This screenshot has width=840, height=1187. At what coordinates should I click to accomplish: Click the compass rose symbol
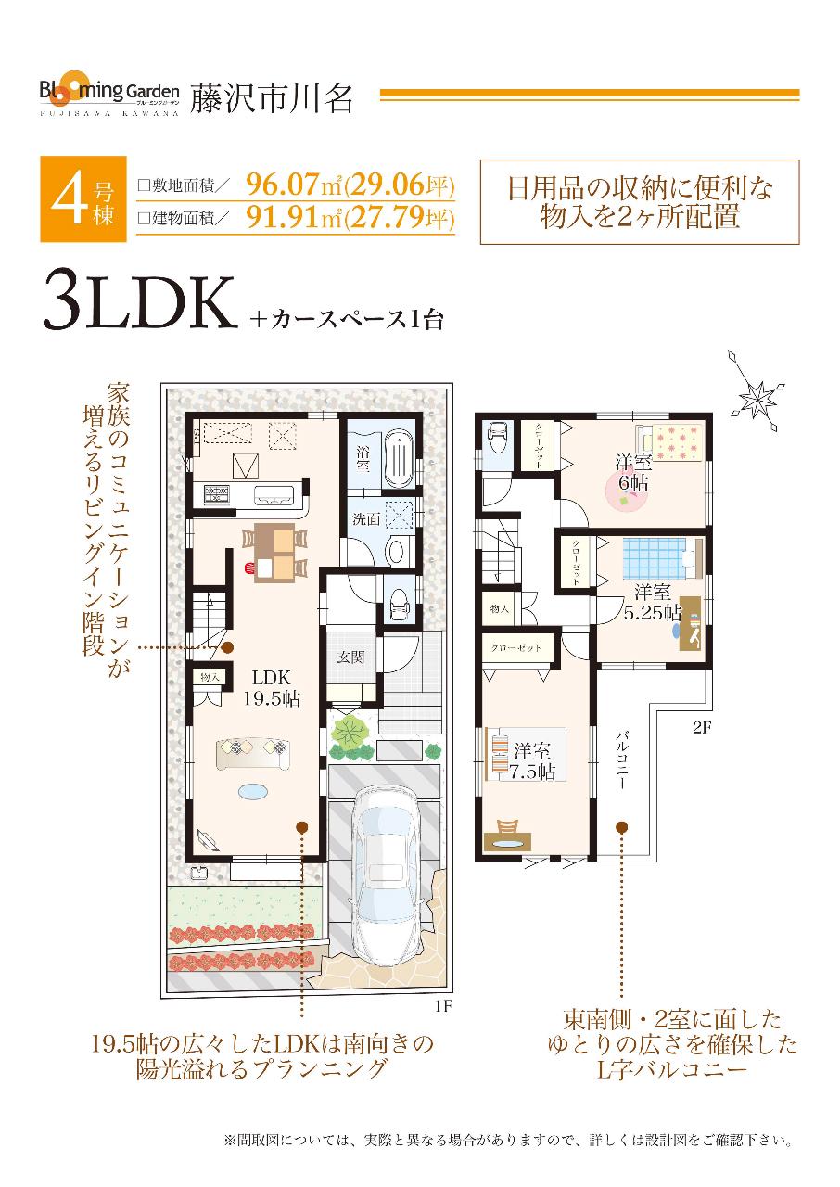[758, 397]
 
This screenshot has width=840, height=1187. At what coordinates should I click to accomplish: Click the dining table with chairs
[274, 552]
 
